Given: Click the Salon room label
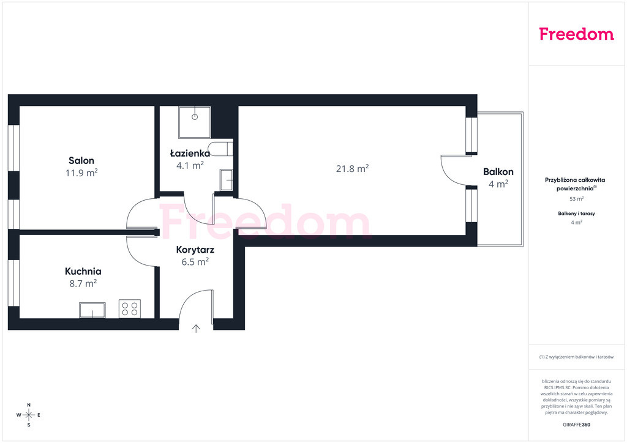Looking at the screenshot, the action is point(81,160).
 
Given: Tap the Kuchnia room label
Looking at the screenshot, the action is point(83,271).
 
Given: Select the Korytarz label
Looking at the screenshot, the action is point(195,250).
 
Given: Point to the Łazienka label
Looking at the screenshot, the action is point(190,154).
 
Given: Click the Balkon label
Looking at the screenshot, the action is point(498,172).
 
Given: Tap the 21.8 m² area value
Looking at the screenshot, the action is point(352,168).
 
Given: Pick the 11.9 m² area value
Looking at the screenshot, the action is point(81,173).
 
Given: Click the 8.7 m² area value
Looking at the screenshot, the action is point(83,283).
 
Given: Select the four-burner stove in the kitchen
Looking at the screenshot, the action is point(130,309).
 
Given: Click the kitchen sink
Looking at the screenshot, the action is point(92,310).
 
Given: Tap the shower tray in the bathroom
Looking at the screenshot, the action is point(195,122).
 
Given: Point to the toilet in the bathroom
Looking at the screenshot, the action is point(221,148).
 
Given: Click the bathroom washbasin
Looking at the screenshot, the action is point(227,180).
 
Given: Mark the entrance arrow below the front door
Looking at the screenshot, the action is point(196,329).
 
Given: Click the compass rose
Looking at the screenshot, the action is point(29,415).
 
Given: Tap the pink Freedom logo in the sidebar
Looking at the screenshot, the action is point(577,34).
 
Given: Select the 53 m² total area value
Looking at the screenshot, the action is point(577,198).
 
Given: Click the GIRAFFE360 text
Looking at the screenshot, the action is point(577,425).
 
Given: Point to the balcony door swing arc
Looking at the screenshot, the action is point(448,176).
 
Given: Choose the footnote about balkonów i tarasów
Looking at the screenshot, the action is point(577,357).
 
